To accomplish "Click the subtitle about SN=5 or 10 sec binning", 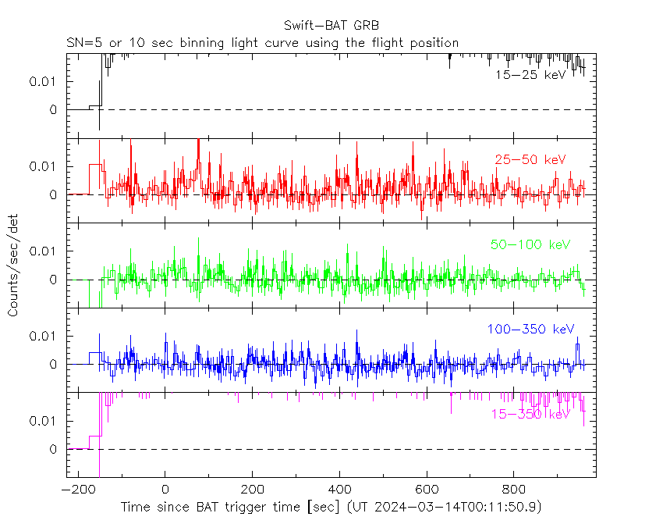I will (262, 42).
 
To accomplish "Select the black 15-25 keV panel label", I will (530, 75).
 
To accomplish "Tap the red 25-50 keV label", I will (530, 159).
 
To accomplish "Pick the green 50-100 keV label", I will (530, 244).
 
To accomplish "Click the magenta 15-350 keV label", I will (530, 414).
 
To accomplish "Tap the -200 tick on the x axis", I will (78, 490).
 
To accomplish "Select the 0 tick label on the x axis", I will (165, 490).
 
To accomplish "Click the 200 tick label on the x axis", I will (252, 490).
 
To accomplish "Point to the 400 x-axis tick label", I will (339, 490).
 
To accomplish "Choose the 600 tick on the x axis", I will (427, 490).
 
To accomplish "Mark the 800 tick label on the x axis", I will (514, 490).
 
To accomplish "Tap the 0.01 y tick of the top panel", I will (43, 81).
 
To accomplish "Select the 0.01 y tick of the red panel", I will (43, 166).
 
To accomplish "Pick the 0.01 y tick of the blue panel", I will (43, 336).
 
